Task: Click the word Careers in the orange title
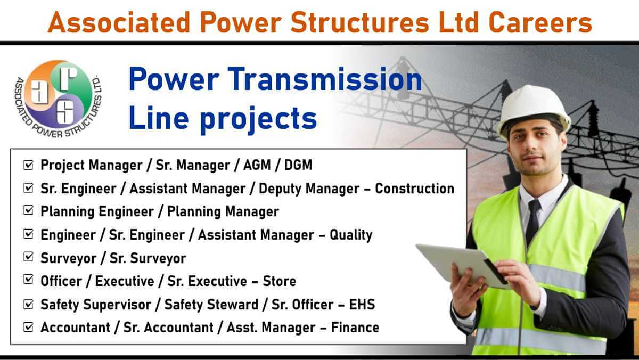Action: pyautogui.click(x=540, y=22)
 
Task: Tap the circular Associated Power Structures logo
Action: pyautogui.click(x=59, y=99)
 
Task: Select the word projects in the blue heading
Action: pyautogui.click(x=258, y=119)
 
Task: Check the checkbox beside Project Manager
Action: pyautogui.click(x=28, y=165)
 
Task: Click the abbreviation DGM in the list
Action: pyautogui.click(x=298, y=165)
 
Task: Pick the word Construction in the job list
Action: pyautogui.click(x=414, y=189)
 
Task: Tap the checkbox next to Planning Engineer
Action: pyautogui.click(x=28, y=210)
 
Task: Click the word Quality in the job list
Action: pyautogui.click(x=351, y=235)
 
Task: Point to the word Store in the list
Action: pyautogui.click(x=279, y=281)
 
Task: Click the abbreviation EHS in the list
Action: pyautogui.click(x=362, y=305)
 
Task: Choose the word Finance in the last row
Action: pyautogui.click(x=355, y=328)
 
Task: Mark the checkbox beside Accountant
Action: pyautogui.click(x=28, y=327)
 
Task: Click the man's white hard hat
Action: pyautogui.click(x=533, y=110)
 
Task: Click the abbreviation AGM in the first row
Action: pyautogui.click(x=257, y=165)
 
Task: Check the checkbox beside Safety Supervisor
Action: pyautogui.click(x=28, y=304)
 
